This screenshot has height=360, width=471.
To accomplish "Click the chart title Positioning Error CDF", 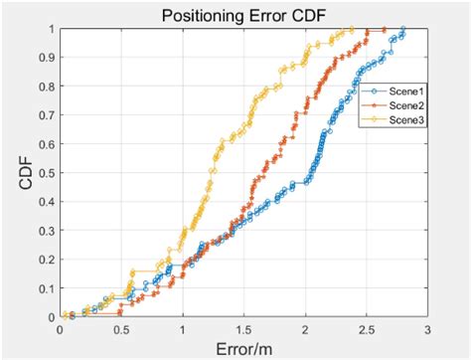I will click(242, 15).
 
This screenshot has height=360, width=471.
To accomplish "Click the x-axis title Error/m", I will click(243, 347).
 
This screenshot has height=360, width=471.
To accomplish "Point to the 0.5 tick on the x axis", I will click(122, 327).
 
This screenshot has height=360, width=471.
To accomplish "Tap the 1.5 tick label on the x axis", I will click(243, 327).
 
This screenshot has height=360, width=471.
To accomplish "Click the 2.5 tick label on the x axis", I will click(366, 327).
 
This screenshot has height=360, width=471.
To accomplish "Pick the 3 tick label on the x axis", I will click(426, 327).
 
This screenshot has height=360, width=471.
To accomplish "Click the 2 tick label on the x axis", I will click(305, 327).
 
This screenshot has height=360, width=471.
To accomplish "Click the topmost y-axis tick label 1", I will click(52, 28).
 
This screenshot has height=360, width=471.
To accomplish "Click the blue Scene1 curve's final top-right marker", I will click(402, 29).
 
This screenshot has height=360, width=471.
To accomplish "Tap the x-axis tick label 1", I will click(183, 327).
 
